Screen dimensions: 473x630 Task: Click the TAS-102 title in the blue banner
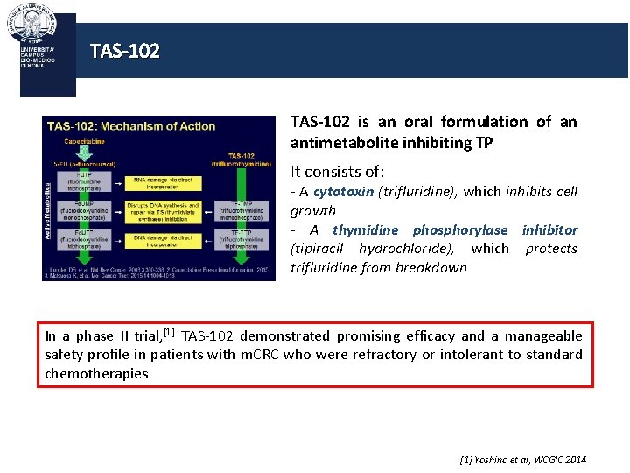(125, 52)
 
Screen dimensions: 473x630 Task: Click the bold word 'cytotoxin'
(343, 192)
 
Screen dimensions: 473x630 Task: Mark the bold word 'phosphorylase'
(460, 229)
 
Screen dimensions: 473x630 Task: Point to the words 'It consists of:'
(337, 172)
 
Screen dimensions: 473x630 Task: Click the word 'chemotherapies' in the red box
(96, 373)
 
